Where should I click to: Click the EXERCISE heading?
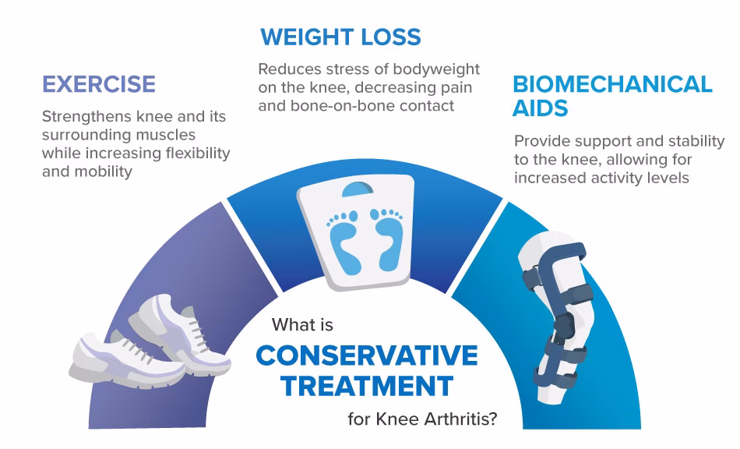99,84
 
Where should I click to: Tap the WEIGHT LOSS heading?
340,37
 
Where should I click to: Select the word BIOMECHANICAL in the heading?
612,84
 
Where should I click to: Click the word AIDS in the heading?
540,108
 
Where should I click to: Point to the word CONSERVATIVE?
367,355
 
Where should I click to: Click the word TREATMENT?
367,386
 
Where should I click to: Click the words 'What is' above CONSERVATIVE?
302,325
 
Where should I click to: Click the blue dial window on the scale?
358,189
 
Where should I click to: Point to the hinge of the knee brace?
563,326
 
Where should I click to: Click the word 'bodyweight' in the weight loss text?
436,69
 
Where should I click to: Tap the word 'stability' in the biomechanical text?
697,141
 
